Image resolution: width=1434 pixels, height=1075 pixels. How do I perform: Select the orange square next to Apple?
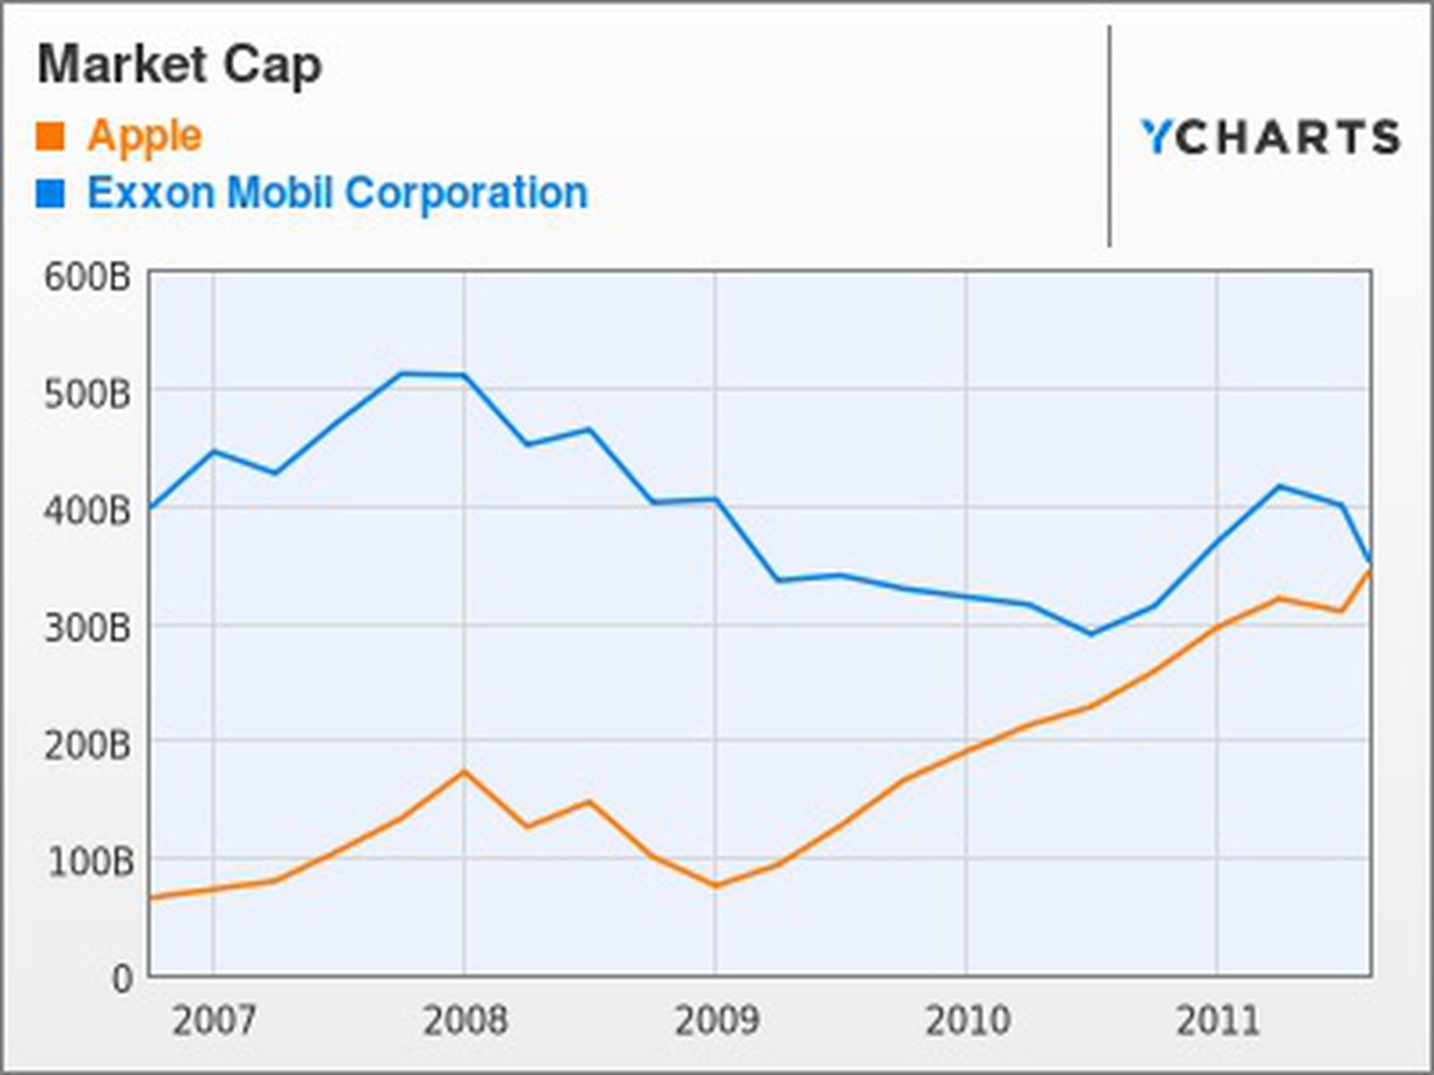(50, 136)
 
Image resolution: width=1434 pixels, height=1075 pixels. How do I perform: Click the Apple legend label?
(144, 136)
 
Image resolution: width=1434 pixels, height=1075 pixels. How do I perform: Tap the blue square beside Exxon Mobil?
(50, 193)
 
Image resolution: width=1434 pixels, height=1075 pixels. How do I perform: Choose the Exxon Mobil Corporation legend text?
(337, 193)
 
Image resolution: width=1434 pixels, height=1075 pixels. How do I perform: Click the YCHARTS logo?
(1269, 137)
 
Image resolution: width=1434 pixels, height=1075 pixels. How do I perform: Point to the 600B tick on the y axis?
(87, 277)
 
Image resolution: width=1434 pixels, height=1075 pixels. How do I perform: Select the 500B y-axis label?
(87, 393)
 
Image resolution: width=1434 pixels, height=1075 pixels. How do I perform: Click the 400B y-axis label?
(87, 511)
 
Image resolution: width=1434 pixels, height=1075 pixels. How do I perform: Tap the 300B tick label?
(87, 628)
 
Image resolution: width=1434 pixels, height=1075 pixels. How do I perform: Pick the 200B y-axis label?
(87, 744)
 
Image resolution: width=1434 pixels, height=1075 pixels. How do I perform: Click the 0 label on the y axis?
(122, 978)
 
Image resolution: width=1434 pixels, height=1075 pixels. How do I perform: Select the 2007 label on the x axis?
(213, 1020)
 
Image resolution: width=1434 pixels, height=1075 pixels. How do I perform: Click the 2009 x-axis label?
(715, 1020)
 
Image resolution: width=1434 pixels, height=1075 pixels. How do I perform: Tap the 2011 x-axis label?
(1217, 1020)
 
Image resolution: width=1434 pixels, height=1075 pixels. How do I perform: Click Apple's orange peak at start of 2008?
(463, 771)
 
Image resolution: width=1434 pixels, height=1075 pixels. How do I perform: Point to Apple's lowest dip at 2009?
(715, 886)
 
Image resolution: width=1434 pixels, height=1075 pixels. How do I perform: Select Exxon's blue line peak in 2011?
(1279, 486)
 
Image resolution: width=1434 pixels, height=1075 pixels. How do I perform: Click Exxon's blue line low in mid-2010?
(1091, 634)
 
